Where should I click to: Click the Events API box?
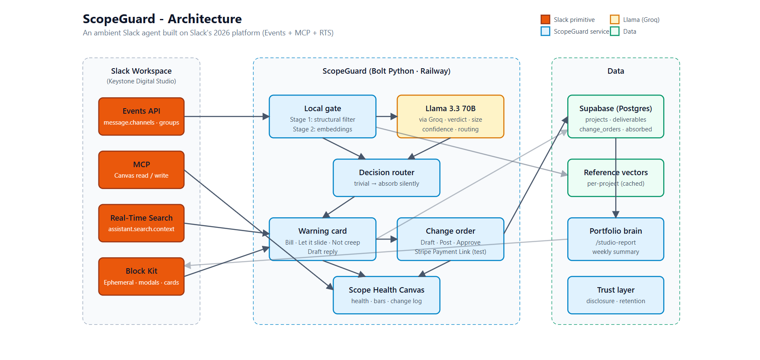141,117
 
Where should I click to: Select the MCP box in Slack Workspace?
141,170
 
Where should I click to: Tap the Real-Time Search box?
141,223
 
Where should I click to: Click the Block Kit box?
141,277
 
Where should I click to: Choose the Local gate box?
322,117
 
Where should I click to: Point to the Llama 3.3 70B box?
450,117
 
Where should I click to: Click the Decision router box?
386,178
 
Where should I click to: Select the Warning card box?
322,239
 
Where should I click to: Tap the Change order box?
450,239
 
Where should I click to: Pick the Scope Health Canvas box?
386,295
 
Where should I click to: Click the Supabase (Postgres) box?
616,117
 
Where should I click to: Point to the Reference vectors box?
616,178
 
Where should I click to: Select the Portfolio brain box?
616,239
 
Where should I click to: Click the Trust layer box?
616,295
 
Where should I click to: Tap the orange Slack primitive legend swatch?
545,19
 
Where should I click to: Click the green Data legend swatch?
615,31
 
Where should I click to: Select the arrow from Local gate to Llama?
387,117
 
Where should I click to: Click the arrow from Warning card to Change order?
387,239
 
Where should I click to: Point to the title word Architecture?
205,19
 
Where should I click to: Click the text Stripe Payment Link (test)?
450,252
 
